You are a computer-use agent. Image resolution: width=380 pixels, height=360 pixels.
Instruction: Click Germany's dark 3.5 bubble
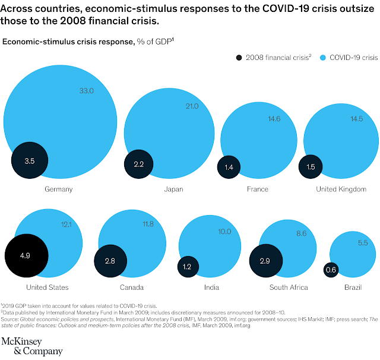[x=28, y=161]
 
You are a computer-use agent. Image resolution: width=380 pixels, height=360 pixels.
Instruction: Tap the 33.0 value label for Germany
[x=87, y=90]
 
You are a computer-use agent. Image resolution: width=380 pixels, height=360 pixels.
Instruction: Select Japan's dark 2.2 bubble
[x=139, y=165]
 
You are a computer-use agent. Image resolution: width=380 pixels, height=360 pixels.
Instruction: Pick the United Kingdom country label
[x=341, y=190]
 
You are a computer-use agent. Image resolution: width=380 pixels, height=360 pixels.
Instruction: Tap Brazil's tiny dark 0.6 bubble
[x=331, y=270]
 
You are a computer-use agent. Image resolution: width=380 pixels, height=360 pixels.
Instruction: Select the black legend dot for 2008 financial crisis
[x=239, y=58]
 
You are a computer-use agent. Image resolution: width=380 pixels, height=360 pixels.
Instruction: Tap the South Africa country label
[x=288, y=288]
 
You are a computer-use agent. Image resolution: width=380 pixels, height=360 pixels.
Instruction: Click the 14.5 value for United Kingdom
[x=356, y=119]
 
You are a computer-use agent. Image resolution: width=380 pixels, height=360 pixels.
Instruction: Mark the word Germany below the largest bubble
[x=58, y=190]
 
